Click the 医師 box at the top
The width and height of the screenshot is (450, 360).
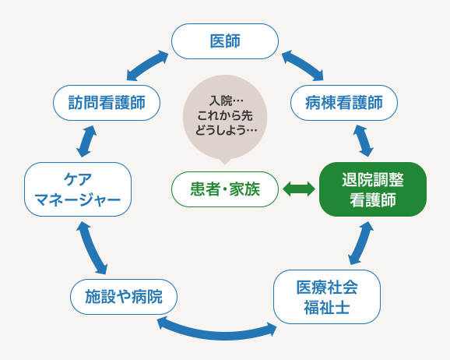pyautogui.click(x=225, y=41)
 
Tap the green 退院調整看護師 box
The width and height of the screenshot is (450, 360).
pyautogui.click(x=373, y=189)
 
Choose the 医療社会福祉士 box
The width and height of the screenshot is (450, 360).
pyautogui.click(x=327, y=297)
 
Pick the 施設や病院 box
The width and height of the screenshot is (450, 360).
pyautogui.click(x=124, y=297)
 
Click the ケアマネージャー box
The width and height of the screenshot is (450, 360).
pyautogui.click(x=77, y=189)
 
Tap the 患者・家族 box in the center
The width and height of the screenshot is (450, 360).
pyautogui.click(x=225, y=189)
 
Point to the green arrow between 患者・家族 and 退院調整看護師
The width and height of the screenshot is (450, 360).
pyautogui.click(x=299, y=189)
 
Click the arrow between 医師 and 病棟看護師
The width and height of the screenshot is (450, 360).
pyautogui.click(x=302, y=66)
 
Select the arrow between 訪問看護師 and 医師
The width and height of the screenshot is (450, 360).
pyautogui.click(x=147, y=66)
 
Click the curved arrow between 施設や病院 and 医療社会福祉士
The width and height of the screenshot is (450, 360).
pyautogui.click(x=217, y=325)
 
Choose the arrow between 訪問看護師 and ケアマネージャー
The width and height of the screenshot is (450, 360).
pyautogui.click(x=86, y=140)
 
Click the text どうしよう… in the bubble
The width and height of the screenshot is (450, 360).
pyautogui.click(x=226, y=129)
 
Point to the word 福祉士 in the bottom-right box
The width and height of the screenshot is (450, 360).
pyautogui.click(x=327, y=306)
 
